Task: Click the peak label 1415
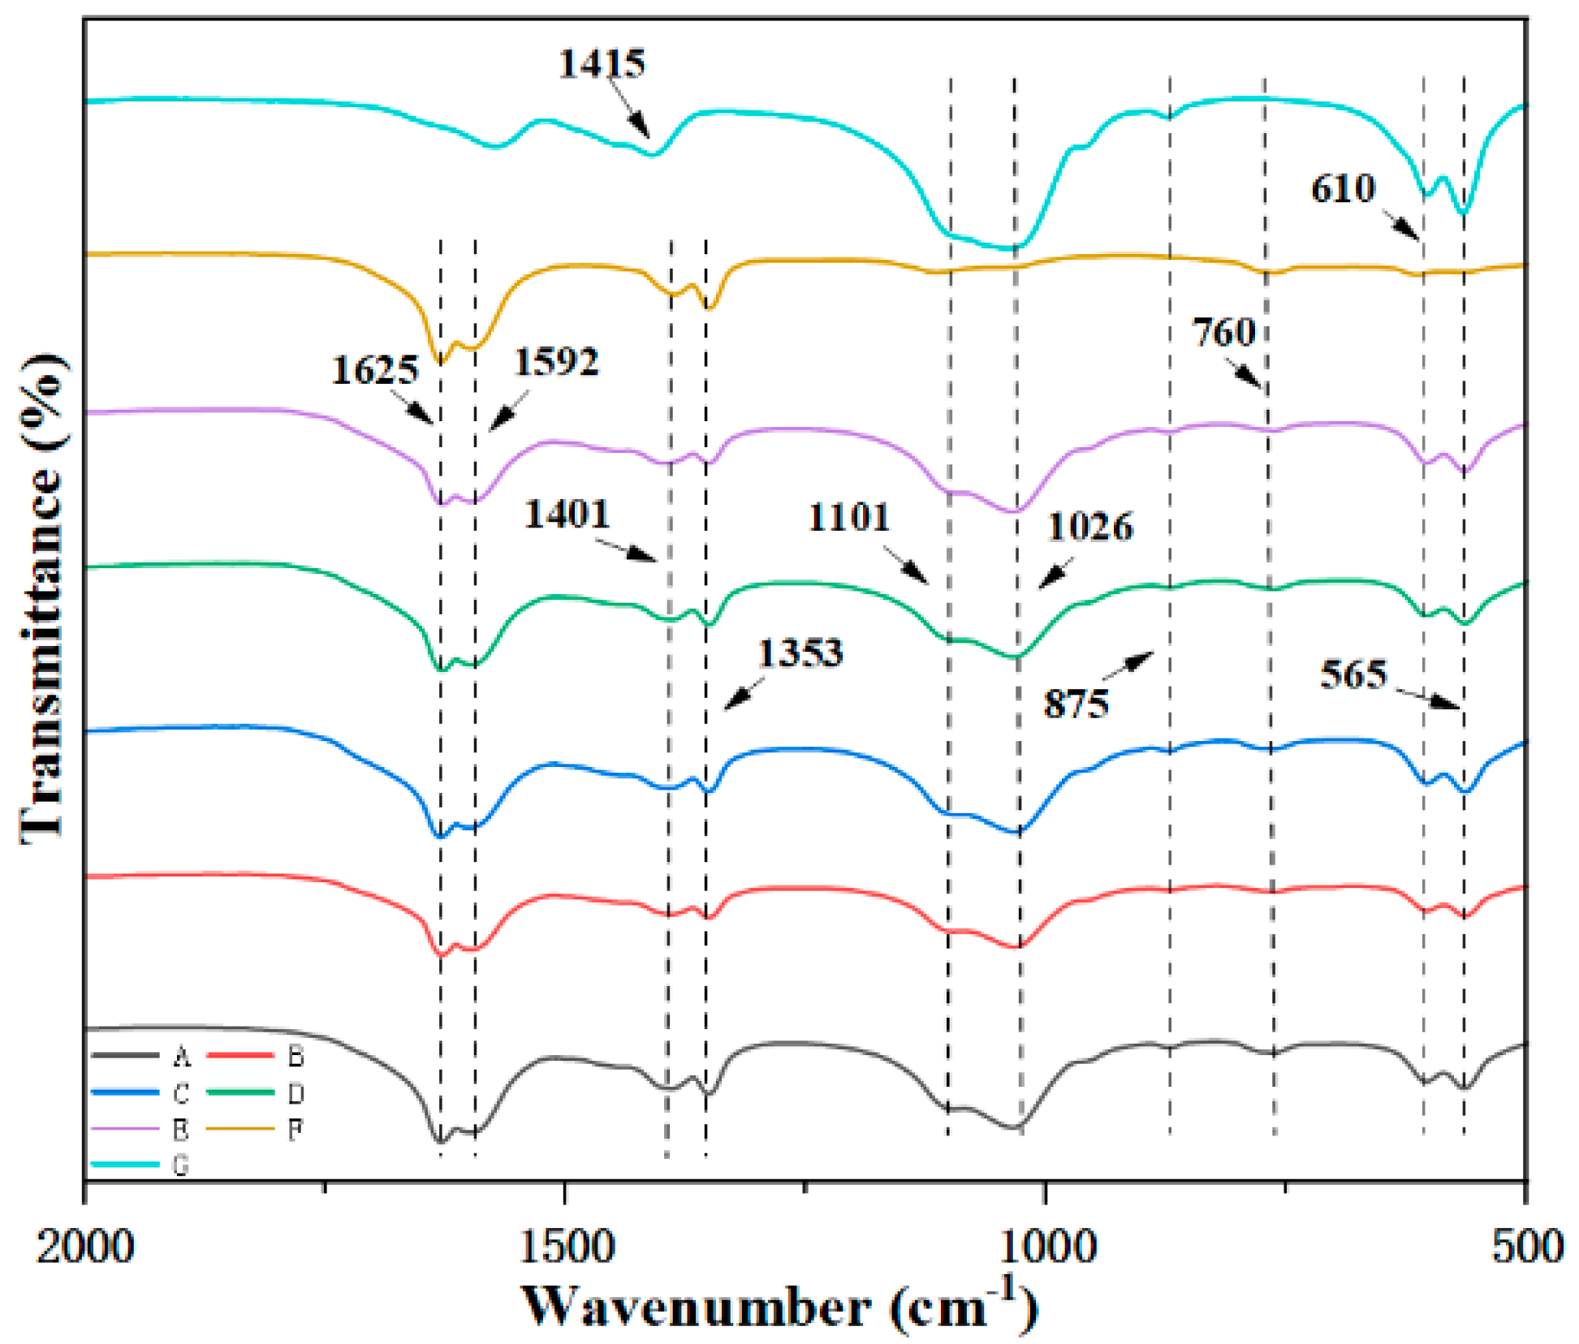coord(602,63)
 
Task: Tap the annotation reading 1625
coord(374,370)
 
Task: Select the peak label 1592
coord(556,361)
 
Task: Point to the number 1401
coord(566,514)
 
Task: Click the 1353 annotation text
coord(800,653)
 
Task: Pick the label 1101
coord(848,517)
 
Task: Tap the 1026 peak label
coord(1089,527)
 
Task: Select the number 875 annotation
coord(1076,704)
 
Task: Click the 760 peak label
coord(1223,333)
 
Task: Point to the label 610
coord(1343,188)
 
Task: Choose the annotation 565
coord(1353,674)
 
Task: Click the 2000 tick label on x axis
coord(84,1246)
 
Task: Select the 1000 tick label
coord(1046,1246)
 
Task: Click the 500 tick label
coord(1526,1246)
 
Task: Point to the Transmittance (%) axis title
coord(42,599)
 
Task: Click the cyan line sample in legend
coord(125,1164)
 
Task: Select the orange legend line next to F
coord(240,1128)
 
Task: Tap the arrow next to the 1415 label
coord(630,113)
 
